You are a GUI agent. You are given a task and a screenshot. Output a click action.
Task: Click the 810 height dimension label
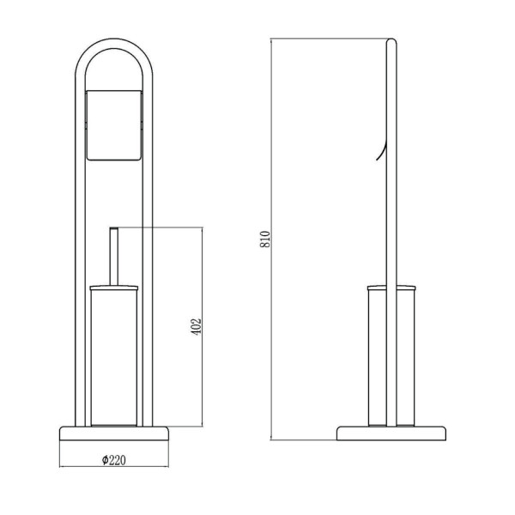pyautogui.click(x=265, y=239)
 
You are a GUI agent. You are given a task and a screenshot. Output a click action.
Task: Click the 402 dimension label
pyautogui.click(x=196, y=326)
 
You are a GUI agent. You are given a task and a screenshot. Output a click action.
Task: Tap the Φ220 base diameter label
pyautogui.click(x=113, y=460)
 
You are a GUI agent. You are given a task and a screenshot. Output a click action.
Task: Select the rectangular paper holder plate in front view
pyautogui.click(x=114, y=125)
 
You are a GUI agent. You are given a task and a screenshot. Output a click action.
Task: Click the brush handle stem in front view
pyautogui.click(x=114, y=256)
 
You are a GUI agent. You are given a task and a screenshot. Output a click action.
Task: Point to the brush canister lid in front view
pyautogui.click(x=114, y=288)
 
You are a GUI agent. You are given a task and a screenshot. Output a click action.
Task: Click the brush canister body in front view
pyautogui.click(x=114, y=358)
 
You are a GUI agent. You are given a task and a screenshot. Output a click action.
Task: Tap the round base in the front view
pyautogui.click(x=114, y=433)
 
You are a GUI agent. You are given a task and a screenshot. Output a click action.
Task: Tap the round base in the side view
pyautogui.click(x=391, y=433)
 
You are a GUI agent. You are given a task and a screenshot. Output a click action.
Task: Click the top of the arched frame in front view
pyautogui.click(x=114, y=44)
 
